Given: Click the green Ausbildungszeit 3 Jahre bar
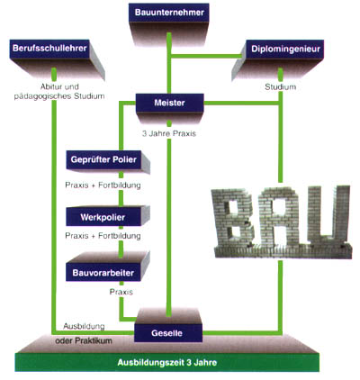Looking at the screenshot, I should [169, 365].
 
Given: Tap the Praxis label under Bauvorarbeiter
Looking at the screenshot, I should [121, 292].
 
